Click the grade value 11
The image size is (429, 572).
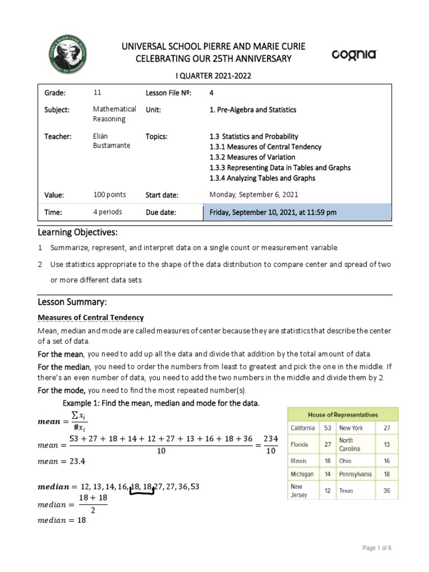(x=98, y=93)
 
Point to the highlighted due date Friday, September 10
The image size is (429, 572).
(x=273, y=213)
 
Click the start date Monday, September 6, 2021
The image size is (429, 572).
(x=254, y=195)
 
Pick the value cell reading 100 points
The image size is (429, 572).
(x=109, y=195)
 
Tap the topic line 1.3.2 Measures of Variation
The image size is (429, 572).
(x=254, y=157)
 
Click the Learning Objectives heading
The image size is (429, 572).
(x=78, y=232)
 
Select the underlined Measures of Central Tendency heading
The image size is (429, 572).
(x=90, y=317)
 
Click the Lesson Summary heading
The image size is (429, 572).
(x=71, y=302)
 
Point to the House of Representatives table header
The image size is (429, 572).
(x=343, y=414)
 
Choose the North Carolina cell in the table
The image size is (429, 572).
(x=350, y=445)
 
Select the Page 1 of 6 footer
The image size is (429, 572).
(x=377, y=548)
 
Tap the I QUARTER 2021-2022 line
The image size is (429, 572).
(x=214, y=76)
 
